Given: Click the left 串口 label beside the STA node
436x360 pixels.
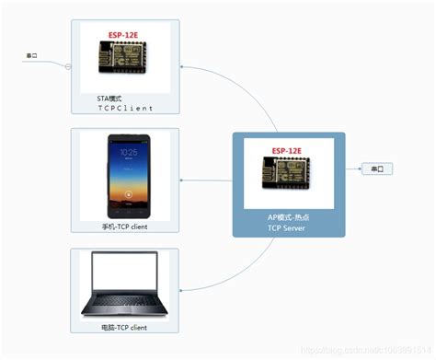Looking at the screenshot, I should tap(31, 56).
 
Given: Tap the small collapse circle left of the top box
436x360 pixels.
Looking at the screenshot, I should tap(68, 65).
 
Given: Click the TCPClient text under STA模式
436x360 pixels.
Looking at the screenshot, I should tap(124, 107).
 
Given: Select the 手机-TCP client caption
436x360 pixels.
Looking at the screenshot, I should tap(125, 226).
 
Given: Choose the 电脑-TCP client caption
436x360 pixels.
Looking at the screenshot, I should tap(125, 327).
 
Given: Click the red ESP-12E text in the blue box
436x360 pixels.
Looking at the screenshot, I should tap(290, 151).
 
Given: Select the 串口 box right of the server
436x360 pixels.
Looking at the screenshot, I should tap(377, 169).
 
